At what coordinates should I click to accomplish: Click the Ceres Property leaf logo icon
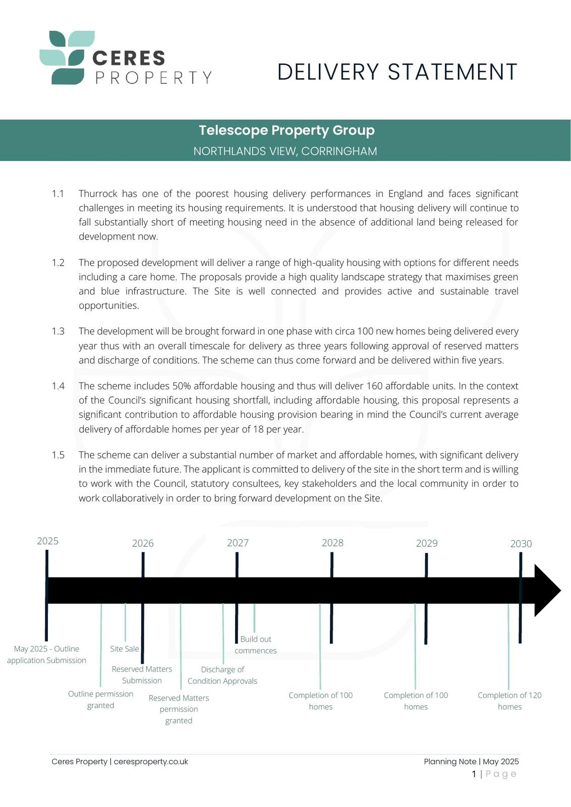click(x=67, y=57)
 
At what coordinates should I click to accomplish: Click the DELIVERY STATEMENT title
click(x=397, y=72)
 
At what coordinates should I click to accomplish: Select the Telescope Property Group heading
click(x=286, y=130)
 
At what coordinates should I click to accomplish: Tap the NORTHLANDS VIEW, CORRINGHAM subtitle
click(x=285, y=151)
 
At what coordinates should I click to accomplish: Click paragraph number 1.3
click(x=58, y=331)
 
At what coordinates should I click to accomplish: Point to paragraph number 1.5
click(x=58, y=455)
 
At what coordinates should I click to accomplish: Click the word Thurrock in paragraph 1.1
click(x=98, y=194)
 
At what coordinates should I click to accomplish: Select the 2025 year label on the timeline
click(x=47, y=541)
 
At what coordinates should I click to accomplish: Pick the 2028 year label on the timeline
click(x=332, y=543)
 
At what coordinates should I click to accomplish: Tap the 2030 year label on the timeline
click(x=521, y=544)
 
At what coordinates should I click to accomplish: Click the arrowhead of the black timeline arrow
click(x=548, y=591)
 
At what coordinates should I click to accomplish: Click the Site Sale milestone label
click(x=125, y=649)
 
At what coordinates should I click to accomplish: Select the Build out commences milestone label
click(x=256, y=645)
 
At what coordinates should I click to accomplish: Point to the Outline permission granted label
click(x=100, y=700)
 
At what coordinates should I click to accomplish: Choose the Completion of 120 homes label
click(x=509, y=701)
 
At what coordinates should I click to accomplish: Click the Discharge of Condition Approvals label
click(x=222, y=675)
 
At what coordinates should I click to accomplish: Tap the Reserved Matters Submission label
click(x=142, y=674)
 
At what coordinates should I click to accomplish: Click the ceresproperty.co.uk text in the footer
click(x=151, y=762)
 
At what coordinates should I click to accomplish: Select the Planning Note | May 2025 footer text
click(x=471, y=762)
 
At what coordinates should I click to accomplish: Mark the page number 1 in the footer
click(x=474, y=774)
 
